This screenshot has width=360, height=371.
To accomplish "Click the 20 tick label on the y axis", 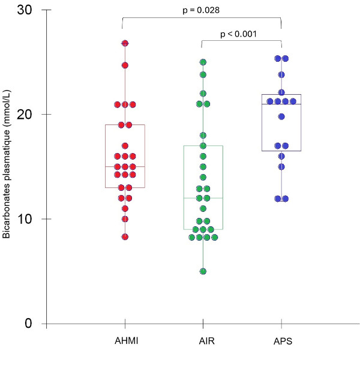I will pos(33,115).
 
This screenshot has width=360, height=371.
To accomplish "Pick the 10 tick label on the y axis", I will pos(33,219).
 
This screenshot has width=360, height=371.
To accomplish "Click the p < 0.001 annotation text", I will pos(239,34).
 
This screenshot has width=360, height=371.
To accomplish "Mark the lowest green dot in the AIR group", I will pos(203,271).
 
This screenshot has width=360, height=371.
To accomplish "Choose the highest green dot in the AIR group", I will pos(203,62).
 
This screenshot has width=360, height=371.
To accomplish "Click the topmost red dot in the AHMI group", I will pos(125,44).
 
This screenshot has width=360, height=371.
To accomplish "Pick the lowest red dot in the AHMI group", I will pos(125,237).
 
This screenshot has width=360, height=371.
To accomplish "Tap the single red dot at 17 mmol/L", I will pos(125,146).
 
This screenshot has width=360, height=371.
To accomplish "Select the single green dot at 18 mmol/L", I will pos(203,136).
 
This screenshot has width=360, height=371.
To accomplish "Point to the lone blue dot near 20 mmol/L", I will pos(281,116).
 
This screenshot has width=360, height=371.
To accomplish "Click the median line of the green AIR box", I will pos(203,198).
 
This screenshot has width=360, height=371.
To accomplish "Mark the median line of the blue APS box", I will pos(281,104).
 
